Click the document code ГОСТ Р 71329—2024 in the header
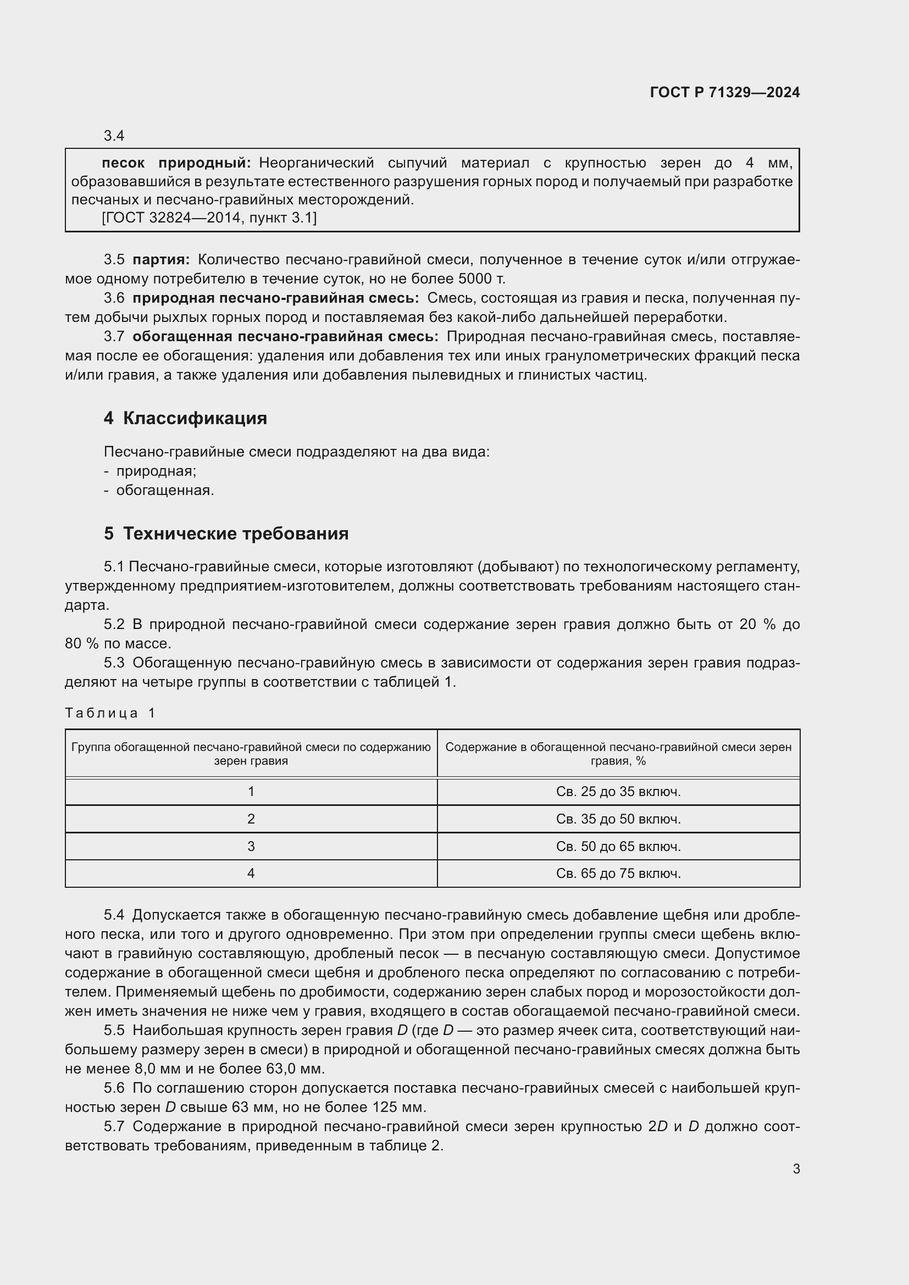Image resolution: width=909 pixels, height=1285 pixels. tap(724, 92)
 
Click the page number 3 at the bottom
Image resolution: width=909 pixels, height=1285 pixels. tap(796, 1169)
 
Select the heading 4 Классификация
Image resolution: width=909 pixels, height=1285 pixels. tap(185, 418)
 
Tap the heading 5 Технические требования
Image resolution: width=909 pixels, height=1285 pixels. tap(226, 533)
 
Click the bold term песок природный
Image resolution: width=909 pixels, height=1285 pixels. tap(176, 163)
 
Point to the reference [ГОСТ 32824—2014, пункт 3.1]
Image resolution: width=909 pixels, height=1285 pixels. tap(209, 218)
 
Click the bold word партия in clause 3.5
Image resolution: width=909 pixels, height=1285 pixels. tap(160, 260)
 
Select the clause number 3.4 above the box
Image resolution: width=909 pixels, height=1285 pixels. tap(114, 136)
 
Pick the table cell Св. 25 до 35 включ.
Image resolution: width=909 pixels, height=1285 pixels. tap(618, 791)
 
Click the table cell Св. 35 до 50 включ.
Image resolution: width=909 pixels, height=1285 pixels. tap(618, 819)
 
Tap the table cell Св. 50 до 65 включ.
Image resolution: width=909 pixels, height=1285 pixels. tap(618, 846)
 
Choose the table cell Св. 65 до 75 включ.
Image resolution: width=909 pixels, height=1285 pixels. tap(618, 873)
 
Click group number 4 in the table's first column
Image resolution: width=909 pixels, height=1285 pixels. tap(251, 873)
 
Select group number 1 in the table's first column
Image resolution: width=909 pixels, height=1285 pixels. tap(251, 791)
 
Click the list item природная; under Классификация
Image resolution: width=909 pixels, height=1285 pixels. tap(156, 471)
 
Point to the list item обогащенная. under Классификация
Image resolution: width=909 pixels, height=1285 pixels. tap(164, 490)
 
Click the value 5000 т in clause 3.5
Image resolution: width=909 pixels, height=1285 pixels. tap(481, 279)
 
